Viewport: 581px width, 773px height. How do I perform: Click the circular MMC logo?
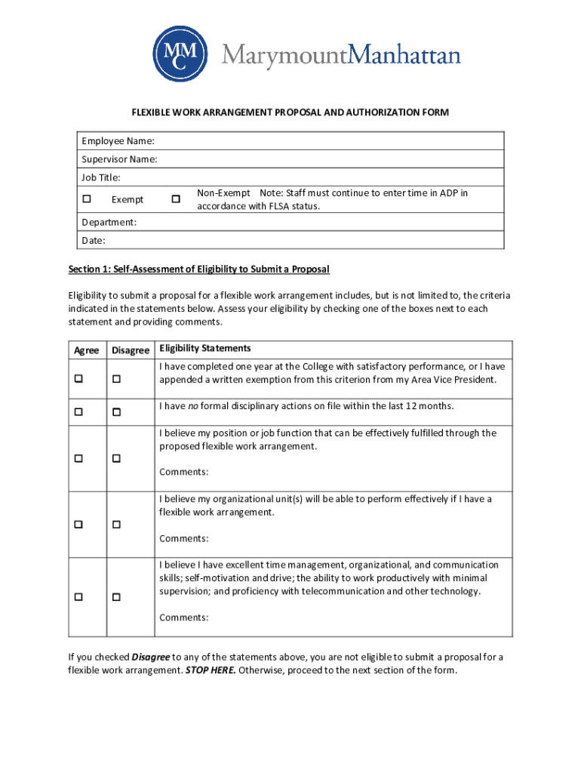pyautogui.click(x=180, y=54)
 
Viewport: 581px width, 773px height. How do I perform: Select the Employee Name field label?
pyautogui.click(x=118, y=141)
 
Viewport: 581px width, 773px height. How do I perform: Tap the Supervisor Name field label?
pyautogui.click(x=120, y=159)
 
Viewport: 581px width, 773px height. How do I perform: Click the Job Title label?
pyautogui.click(x=101, y=177)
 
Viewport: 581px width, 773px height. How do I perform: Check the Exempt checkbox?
pyautogui.click(x=87, y=199)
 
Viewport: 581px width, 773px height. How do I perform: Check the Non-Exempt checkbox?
pyautogui.click(x=176, y=199)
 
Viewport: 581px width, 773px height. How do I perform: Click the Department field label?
pyautogui.click(x=109, y=222)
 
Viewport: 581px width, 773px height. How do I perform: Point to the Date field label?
pyautogui.click(x=94, y=240)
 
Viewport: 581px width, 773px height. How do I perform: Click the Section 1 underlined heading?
pyautogui.click(x=198, y=269)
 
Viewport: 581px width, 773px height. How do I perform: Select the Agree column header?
pyautogui.click(x=87, y=351)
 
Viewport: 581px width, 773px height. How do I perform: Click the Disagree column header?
pyautogui.click(x=131, y=351)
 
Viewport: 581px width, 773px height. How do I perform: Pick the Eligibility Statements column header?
pyautogui.click(x=204, y=349)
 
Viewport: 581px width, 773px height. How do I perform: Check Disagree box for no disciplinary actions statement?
pyautogui.click(x=117, y=412)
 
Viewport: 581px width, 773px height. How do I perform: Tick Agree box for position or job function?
pyautogui.click(x=78, y=459)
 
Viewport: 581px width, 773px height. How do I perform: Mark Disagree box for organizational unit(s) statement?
pyautogui.click(x=117, y=525)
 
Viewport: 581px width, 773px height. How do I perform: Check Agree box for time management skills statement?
pyautogui.click(x=78, y=597)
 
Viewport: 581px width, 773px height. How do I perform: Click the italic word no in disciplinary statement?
pyautogui.click(x=193, y=406)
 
